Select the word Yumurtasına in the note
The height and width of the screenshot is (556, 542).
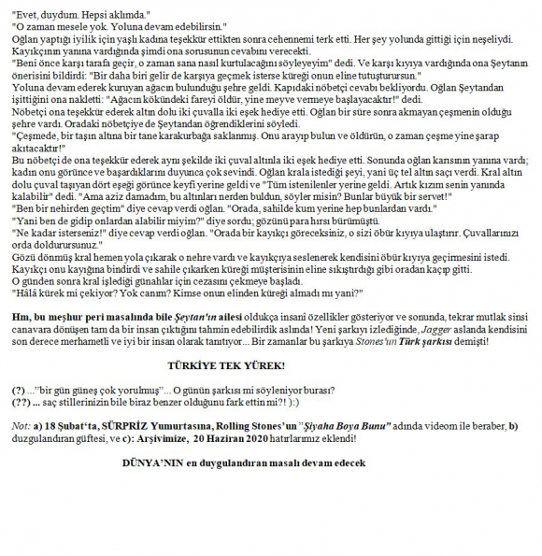[x=160, y=424]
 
